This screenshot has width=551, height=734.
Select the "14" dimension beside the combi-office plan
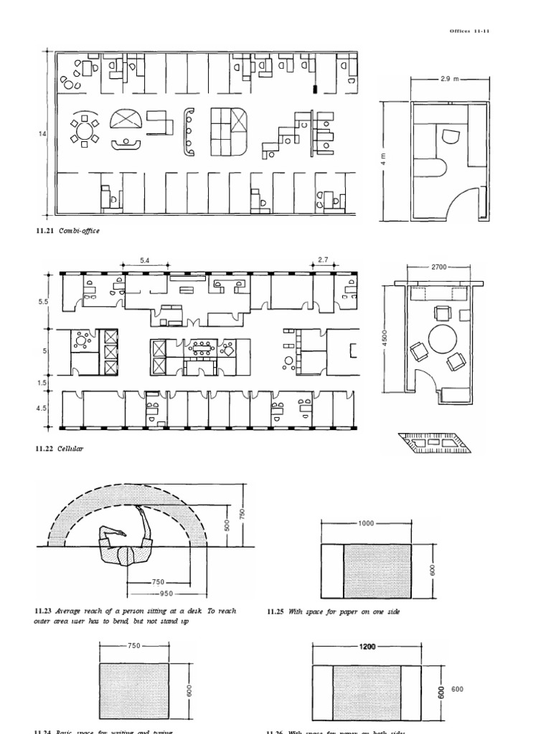pyautogui.click(x=41, y=133)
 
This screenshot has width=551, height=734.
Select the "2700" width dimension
pyautogui.click(x=438, y=267)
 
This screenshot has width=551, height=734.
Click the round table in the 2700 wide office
pyautogui.click(x=442, y=339)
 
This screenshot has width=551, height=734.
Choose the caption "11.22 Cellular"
pyautogui.click(x=60, y=448)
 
